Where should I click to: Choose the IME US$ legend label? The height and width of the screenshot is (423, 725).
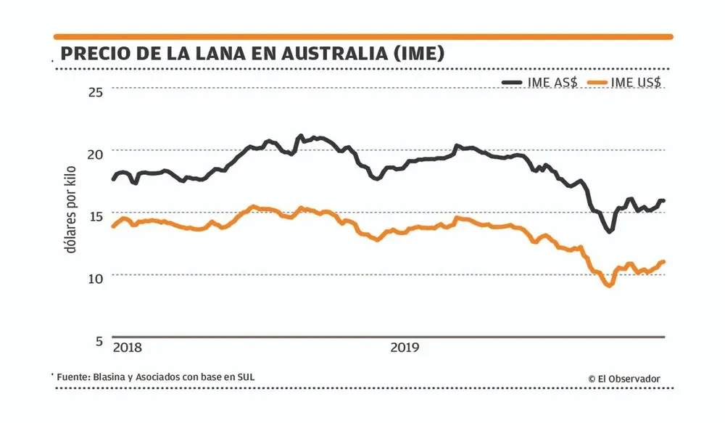pyautogui.click(x=636, y=83)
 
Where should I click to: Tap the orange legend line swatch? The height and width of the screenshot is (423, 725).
pyautogui.click(x=598, y=83)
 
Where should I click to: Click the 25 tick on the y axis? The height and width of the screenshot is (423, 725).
pyautogui.click(x=95, y=91)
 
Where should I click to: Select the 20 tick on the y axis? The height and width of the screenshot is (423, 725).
pyautogui.click(x=95, y=153)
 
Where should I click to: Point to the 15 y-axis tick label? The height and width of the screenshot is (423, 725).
pyautogui.click(x=95, y=215)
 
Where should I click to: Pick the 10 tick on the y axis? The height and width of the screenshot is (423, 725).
pyautogui.click(x=95, y=278)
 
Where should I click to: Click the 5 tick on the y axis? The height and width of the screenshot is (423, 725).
pyautogui.click(x=99, y=340)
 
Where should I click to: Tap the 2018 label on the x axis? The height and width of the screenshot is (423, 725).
pyautogui.click(x=128, y=348)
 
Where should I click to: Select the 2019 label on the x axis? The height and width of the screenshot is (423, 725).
pyautogui.click(x=405, y=348)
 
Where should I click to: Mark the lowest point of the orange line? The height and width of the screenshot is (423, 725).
pyautogui.click(x=608, y=285)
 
